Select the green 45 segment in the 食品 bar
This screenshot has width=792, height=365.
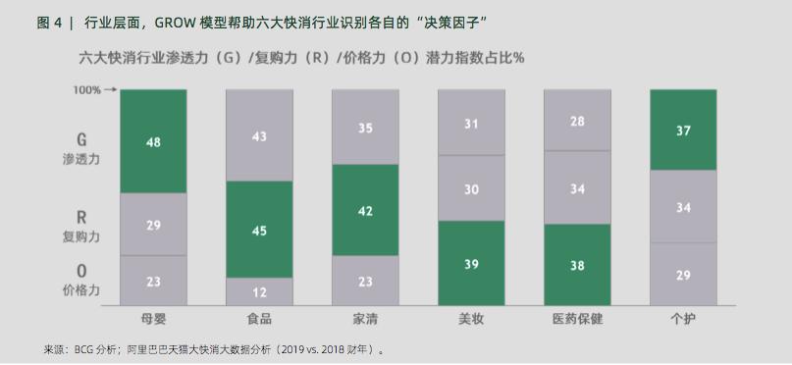coord(259,231)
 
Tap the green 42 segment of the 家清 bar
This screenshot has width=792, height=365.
coord(365,210)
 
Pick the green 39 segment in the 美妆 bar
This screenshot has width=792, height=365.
coord(471,263)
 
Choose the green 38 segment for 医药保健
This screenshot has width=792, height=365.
coord(577,265)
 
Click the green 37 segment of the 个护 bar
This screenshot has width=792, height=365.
coord(683,130)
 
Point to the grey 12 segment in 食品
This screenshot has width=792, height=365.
coord(259,291)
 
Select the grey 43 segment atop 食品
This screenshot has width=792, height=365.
coord(259,136)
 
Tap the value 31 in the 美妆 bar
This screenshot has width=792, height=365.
coord(471,124)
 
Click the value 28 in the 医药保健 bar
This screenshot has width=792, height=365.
coord(577,121)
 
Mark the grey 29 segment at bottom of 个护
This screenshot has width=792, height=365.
coord(683,275)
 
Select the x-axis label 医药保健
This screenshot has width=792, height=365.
coord(577,320)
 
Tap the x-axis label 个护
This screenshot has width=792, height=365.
coord(683,320)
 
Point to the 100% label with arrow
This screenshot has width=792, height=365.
coord(92,90)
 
